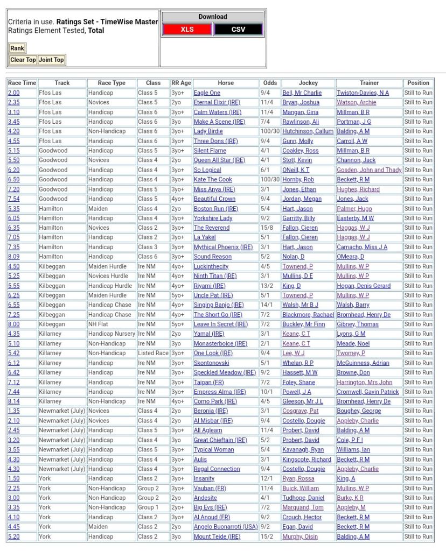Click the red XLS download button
point(187,30)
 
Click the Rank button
point(17,48)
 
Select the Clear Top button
point(23,60)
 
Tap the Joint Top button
point(51,60)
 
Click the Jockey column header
point(308,83)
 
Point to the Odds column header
point(270,83)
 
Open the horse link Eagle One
point(207,93)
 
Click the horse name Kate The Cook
point(213,180)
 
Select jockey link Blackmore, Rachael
point(308,315)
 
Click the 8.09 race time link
point(13,257)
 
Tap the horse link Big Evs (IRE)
point(210,507)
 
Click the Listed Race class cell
point(153,353)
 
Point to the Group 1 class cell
point(148,507)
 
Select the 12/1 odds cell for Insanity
point(267,478)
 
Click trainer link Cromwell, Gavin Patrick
point(368,392)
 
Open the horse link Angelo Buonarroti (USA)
point(226,527)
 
